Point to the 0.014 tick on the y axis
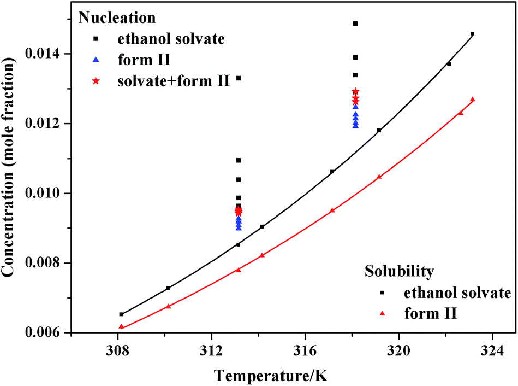47,54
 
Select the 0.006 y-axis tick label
47,332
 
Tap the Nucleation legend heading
117,17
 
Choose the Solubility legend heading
400,271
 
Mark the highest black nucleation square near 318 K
355,24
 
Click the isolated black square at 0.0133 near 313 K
239,78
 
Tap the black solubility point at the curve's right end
472,34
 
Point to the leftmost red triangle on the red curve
121,327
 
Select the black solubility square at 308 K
121,314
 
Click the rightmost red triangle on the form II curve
472,100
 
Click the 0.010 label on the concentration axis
47,193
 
